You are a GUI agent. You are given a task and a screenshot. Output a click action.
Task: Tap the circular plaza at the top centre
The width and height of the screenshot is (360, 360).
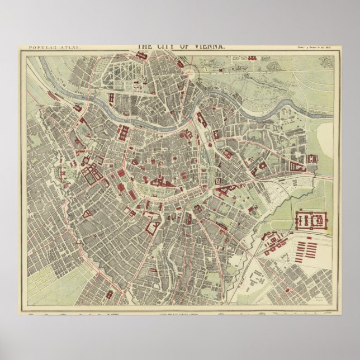pyautogui.click(x=190, y=72)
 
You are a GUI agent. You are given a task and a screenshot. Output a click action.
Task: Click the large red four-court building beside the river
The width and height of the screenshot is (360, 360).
pyautogui.click(x=123, y=134)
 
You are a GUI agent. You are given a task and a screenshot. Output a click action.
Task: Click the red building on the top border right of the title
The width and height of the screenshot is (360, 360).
pyautogui.click(x=252, y=58)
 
